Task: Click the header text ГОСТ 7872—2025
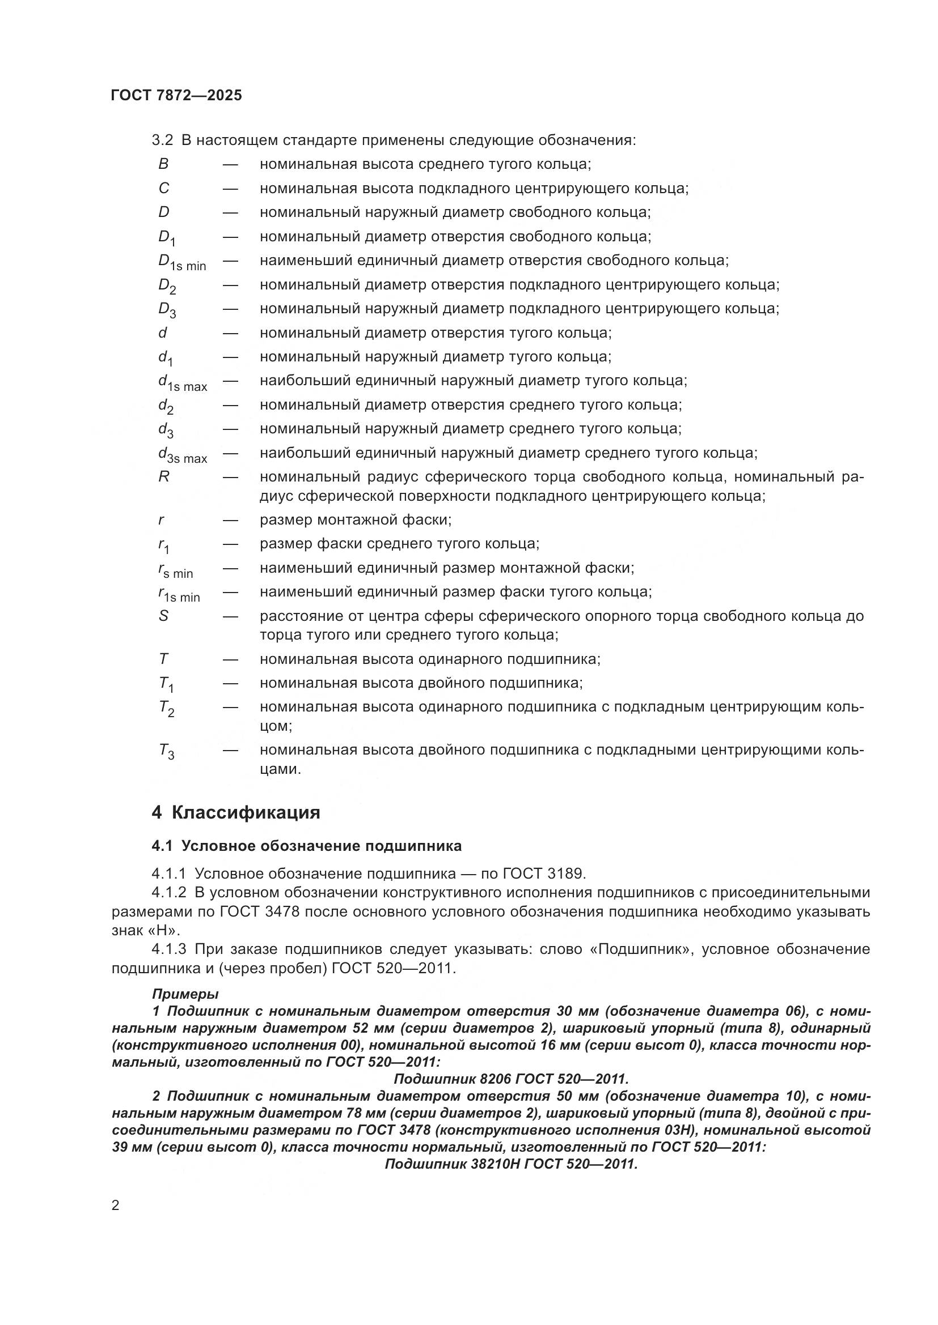pos(176,95)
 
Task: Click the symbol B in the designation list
pos(163,164)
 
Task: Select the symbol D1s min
pos(181,263)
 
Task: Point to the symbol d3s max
pos(183,455)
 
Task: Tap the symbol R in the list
pos(163,477)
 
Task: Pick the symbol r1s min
pos(179,594)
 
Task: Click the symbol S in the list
pos(163,616)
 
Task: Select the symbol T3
pos(166,752)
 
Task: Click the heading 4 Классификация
pos(236,812)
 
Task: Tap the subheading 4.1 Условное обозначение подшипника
pos(306,846)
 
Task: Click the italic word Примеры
pos(185,994)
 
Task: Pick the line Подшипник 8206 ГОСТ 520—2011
pos(510,1079)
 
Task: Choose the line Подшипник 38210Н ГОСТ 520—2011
pos(510,1164)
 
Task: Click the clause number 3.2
pos(162,140)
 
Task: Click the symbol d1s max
pos(183,383)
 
